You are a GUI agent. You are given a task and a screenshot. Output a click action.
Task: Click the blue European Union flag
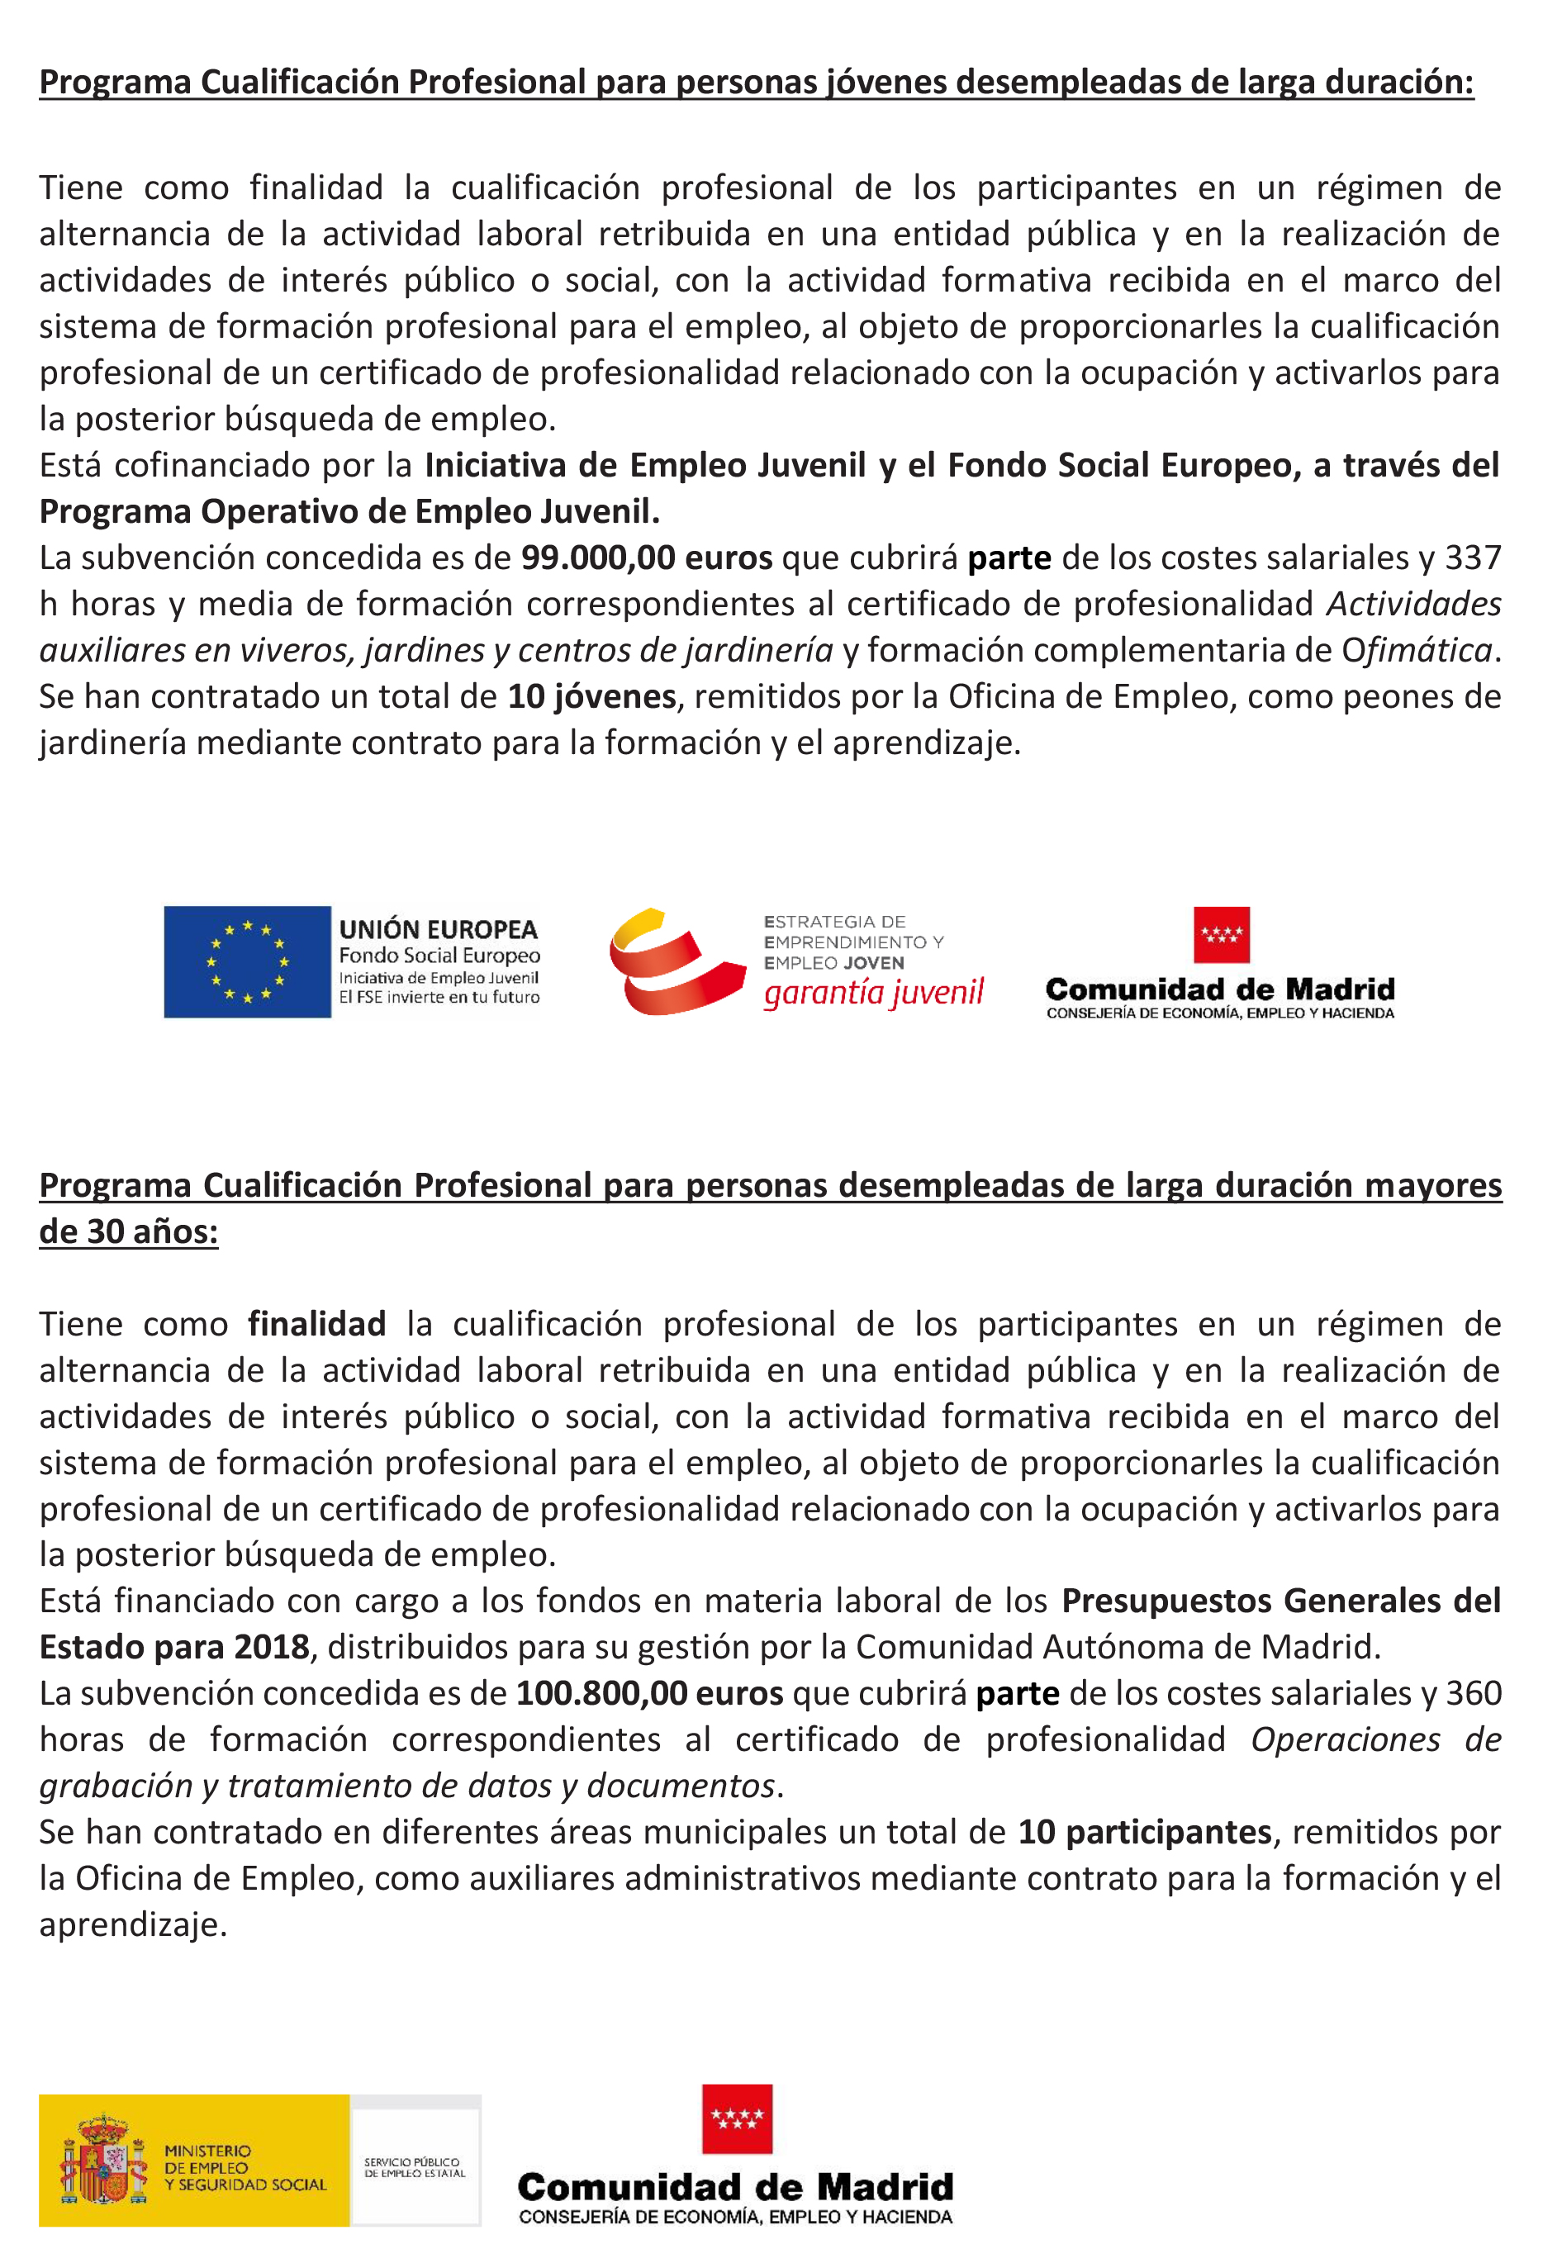pyautogui.click(x=247, y=961)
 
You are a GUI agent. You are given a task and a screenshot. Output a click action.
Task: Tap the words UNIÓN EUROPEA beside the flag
pyautogui.click(x=438, y=929)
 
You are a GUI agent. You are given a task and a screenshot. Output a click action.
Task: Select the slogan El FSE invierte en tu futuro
pyautogui.click(x=439, y=997)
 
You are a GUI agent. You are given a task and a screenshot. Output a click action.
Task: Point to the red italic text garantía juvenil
pyautogui.click(x=873, y=993)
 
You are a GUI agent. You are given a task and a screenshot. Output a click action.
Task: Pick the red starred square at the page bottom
pyautogui.click(x=737, y=2119)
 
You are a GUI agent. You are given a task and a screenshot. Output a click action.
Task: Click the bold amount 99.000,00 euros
pyautogui.click(x=646, y=558)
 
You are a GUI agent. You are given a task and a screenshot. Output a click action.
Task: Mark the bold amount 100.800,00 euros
pyautogui.click(x=649, y=1693)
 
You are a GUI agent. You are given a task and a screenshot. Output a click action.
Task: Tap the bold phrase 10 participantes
pyautogui.click(x=1144, y=1832)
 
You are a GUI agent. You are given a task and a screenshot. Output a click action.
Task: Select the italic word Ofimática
pyautogui.click(x=1416, y=651)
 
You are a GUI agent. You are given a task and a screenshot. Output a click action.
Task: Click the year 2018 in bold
pyautogui.click(x=271, y=1647)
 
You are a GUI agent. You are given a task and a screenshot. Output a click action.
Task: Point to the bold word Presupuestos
pyautogui.click(x=1166, y=1601)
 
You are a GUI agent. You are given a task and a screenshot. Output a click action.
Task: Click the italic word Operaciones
pyautogui.click(x=1345, y=1740)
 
